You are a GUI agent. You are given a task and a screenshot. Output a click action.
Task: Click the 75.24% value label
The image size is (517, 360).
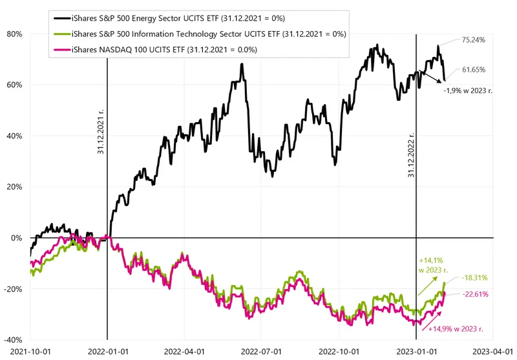pos(473,40)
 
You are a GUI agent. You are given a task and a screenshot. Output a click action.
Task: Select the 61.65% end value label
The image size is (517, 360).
pos(474,70)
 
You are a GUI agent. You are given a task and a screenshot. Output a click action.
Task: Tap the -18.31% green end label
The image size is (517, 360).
pos(474,278)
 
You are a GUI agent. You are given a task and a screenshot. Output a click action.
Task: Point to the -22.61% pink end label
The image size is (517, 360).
pos(475,294)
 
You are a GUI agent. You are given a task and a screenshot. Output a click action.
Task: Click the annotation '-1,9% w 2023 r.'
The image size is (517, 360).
pos(468,90)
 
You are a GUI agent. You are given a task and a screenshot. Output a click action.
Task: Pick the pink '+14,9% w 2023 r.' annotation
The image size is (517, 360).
pos(456,329)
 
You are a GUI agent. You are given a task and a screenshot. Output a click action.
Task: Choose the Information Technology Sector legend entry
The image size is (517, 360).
pos(200,34)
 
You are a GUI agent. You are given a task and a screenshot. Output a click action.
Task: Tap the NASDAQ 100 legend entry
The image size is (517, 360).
pos(155,50)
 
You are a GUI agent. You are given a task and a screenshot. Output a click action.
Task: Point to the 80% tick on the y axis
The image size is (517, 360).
pos(14,34)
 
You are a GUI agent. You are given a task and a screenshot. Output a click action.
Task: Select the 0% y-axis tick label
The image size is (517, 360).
pos(17,238)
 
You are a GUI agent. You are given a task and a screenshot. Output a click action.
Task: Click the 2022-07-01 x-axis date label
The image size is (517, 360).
pos(261,352)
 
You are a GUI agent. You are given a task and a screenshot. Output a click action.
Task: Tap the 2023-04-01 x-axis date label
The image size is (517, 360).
pos(493,352)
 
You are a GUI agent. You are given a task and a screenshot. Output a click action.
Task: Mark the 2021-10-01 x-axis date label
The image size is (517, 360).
pos(30,352)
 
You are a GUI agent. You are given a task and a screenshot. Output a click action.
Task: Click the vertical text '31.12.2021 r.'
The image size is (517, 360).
pos(101,132)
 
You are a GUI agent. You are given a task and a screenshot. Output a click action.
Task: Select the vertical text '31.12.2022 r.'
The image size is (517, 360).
pos(411,155)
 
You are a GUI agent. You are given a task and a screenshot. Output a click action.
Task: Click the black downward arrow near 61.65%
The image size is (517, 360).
pos(431,77)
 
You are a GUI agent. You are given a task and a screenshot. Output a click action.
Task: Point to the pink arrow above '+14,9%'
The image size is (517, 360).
pos(430,318)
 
